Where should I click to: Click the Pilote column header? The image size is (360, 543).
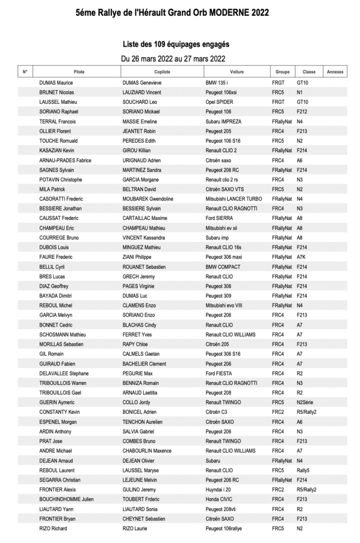pyautogui.click(x=79, y=72)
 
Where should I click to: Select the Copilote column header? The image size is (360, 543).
pyautogui.click(x=162, y=72)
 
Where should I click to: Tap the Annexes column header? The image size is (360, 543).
pyautogui.click(x=335, y=72)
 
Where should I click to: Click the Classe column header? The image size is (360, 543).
pyautogui.click(x=309, y=72)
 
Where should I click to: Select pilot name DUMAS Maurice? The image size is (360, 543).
pyautogui.click(x=56, y=83)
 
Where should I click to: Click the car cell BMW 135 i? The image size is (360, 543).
pyautogui.click(x=220, y=83)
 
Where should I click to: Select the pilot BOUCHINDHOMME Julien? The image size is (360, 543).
pyautogui.click(x=66, y=499)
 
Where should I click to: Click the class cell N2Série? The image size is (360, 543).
pyautogui.click(x=306, y=402)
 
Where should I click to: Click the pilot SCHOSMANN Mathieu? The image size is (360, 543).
pyautogui.click(x=63, y=335)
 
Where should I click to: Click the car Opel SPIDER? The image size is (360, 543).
pyautogui.click(x=219, y=102)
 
